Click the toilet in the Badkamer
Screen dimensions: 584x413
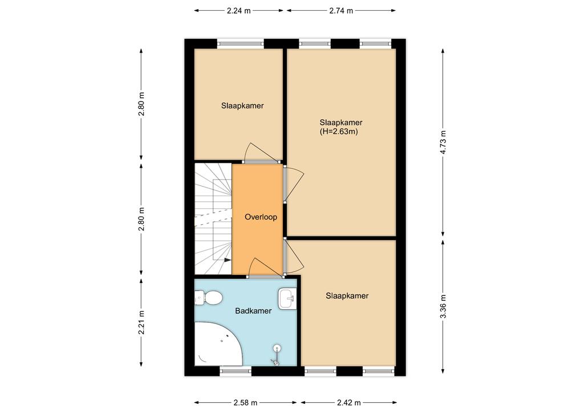[209, 298]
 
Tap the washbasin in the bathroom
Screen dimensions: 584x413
[287, 298]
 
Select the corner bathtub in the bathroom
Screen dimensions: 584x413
[218, 343]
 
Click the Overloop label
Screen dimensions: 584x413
[261, 217]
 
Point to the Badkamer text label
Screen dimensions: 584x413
[253, 310]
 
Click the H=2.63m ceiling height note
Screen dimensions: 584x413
[339, 131]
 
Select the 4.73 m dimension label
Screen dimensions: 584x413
[443, 142]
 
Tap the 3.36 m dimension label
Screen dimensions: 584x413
[443, 306]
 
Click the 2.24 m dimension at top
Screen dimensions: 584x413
[239, 11]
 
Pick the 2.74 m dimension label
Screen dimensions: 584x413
[341, 11]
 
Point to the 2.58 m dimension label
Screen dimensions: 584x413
[245, 403]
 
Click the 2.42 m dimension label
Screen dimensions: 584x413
[348, 403]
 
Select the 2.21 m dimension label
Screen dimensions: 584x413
[141, 322]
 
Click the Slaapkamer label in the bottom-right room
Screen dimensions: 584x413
[347, 295]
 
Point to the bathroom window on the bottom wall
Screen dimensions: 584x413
[236, 371]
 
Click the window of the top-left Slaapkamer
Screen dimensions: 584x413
[240, 44]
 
